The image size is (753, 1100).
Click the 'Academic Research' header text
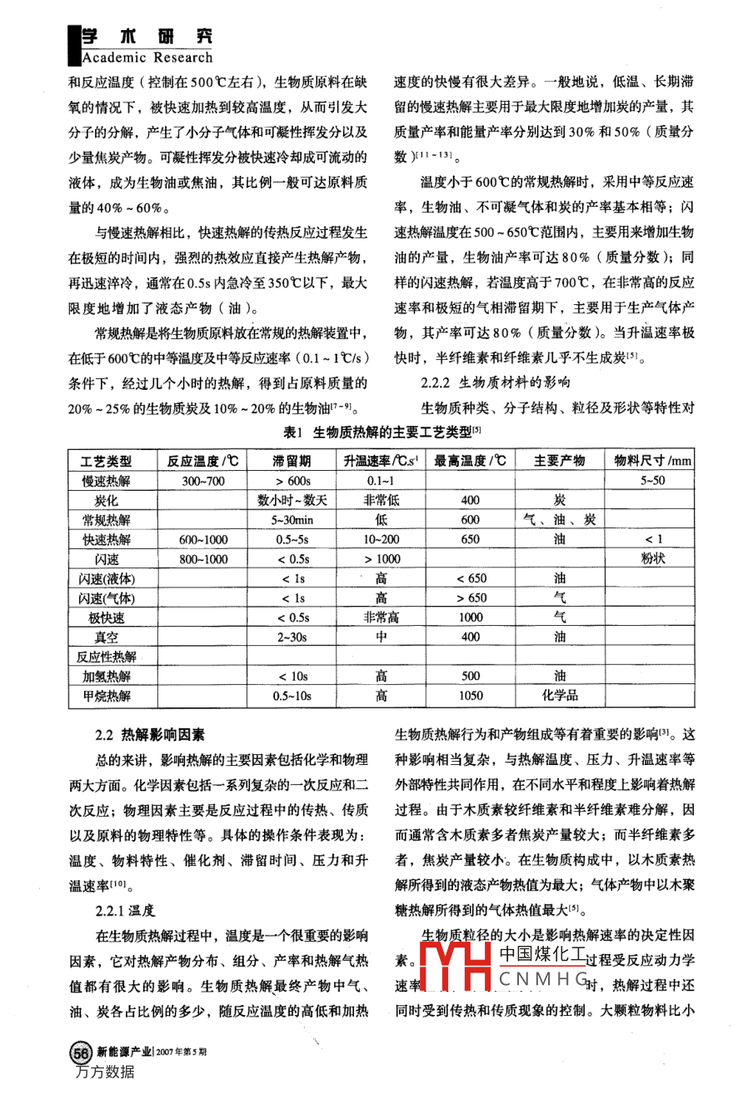[147, 57]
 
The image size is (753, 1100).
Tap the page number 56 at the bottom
[81, 1052]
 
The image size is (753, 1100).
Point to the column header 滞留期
[292, 461]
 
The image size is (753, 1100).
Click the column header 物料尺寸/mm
[652, 461]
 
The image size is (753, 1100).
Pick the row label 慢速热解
[106, 481]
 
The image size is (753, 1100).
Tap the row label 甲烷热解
[106, 696]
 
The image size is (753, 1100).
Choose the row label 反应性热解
[106, 657]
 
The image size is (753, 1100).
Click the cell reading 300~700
[203, 481]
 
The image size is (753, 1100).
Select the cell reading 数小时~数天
[292, 500]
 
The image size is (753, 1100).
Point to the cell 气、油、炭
[559, 520]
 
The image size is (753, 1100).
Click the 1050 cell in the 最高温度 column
[471, 696]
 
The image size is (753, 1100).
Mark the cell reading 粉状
[653, 559]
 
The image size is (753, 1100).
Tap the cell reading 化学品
[559, 696]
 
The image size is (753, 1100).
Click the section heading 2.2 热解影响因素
[150, 734]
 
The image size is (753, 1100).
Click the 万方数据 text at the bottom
[104, 1072]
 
